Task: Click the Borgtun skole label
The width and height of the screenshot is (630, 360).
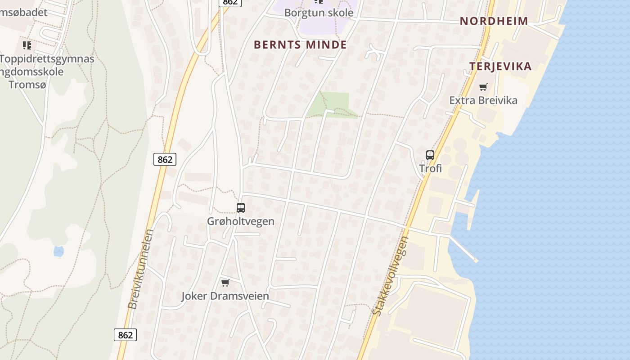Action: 319,13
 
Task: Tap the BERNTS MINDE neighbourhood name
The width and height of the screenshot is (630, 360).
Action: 300,45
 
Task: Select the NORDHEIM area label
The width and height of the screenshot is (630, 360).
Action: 494,21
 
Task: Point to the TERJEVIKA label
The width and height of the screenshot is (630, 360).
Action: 500,67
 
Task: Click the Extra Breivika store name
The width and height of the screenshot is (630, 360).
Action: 483,100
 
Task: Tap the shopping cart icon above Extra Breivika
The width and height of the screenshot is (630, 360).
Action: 483,87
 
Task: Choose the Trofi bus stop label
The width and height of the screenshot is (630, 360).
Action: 430,168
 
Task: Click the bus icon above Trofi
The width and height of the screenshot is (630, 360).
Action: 430,155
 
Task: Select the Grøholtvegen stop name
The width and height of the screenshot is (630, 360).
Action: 240,221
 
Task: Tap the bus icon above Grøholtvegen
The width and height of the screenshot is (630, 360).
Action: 241,207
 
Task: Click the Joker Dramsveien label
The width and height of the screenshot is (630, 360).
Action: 225,296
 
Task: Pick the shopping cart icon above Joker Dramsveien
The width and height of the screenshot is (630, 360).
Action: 225,283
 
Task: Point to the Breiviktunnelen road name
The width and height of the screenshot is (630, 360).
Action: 140,269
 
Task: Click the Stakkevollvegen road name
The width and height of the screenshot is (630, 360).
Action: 391,276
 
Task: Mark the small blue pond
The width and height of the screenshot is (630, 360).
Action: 58,251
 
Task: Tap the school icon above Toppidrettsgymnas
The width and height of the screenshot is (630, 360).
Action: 27,45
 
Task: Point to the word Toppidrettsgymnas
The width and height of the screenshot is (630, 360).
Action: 47,59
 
